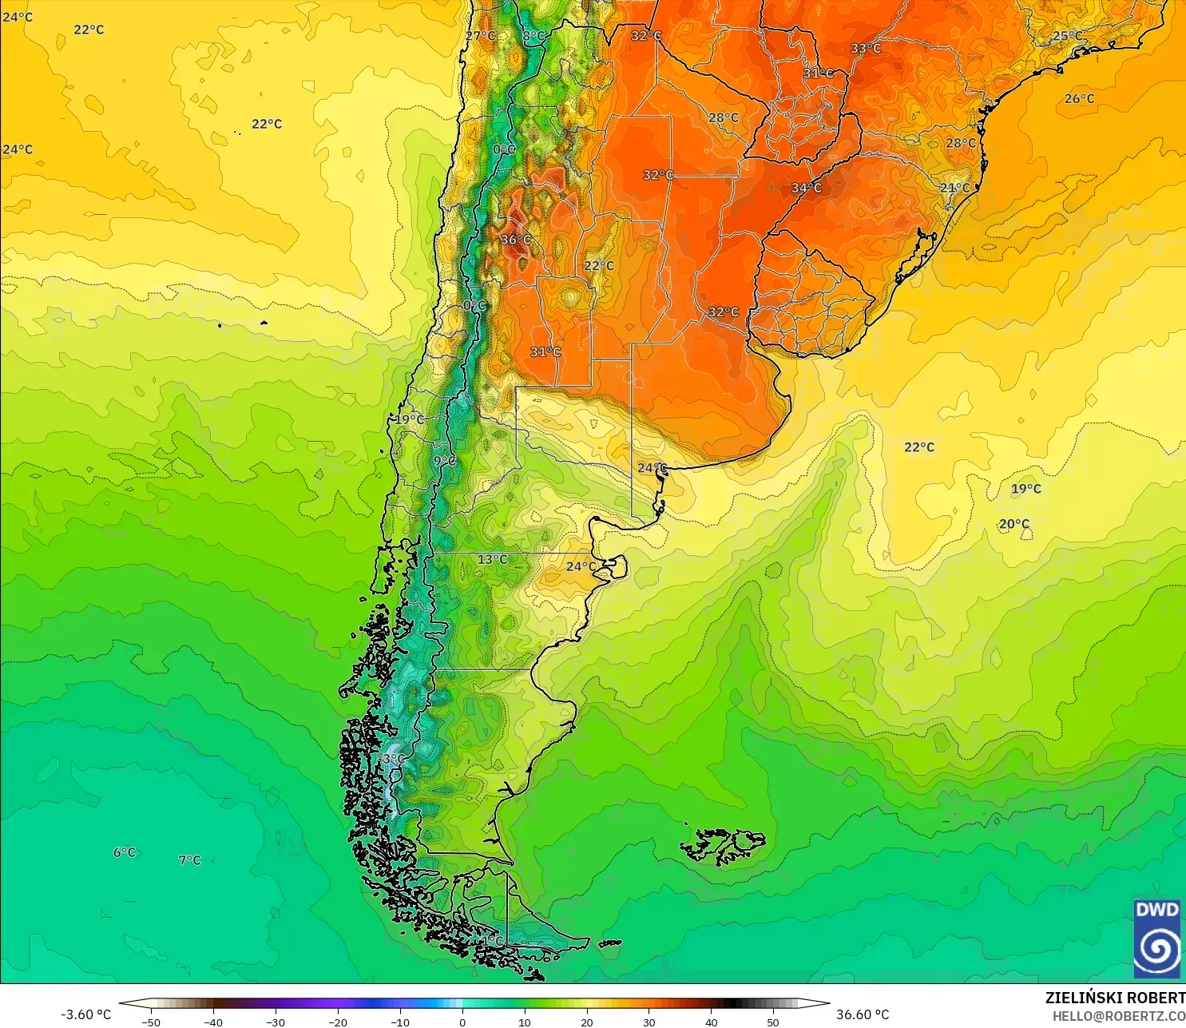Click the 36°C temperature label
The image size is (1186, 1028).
point(516,240)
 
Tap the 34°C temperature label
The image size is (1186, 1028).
point(807,188)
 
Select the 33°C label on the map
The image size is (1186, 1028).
point(866,49)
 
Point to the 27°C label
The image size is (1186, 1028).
point(481,36)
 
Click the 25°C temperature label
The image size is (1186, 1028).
point(1068,36)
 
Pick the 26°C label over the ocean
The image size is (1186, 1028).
point(1080,99)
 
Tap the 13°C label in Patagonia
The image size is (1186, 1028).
point(492,559)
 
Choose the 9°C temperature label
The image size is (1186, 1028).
point(445,461)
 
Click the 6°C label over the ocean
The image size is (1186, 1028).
point(125,852)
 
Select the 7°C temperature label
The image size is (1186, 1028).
point(189,860)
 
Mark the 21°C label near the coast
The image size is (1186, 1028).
point(954,188)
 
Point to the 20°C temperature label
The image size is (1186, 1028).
point(1014,524)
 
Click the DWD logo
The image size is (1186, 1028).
point(1156,939)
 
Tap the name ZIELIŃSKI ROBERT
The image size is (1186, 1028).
point(1115,998)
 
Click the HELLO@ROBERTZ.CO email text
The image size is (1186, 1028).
point(1118,1016)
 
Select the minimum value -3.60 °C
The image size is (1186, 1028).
point(86,1014)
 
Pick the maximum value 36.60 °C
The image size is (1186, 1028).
point(863,1014)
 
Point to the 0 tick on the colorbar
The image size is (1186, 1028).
point(462,1022)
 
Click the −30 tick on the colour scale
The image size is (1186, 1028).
point(275,1022)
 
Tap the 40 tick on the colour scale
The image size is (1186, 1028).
point(711,1022)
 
